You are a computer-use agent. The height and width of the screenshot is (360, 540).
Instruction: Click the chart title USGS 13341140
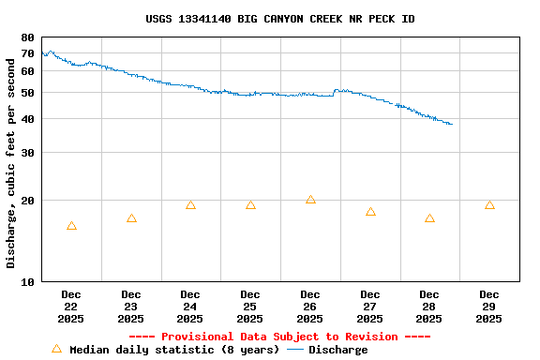[x=280, y=19]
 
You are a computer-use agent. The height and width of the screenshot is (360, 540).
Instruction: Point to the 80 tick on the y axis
[x=27, y=37]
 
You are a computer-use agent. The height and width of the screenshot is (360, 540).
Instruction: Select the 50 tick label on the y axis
[x=27, y=93]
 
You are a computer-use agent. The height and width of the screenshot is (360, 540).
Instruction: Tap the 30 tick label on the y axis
[x=27, y=153]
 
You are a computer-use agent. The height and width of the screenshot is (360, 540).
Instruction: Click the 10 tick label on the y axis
[x=27, y=281]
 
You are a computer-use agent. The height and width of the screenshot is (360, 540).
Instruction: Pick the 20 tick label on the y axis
[x=27, y=201]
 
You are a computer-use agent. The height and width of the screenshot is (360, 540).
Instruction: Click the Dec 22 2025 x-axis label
[x=71, y=307]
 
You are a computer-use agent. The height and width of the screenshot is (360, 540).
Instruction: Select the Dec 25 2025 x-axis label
[x=250, y=307]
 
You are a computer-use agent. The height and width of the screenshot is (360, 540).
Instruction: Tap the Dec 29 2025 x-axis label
[x=489, y=307]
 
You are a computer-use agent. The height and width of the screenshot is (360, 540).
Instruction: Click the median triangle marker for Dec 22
[x=71, y=226]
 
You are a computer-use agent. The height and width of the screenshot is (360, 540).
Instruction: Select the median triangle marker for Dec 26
[x=310, y=200]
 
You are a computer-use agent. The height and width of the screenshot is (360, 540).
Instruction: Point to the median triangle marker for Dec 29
[x=489, y=205]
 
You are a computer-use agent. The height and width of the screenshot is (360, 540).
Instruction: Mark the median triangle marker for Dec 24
[x=190, y=205]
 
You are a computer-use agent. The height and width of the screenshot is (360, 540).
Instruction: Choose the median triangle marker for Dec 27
[x=370, y=212]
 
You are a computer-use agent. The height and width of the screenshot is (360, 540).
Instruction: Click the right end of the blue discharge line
[x=452, y=124]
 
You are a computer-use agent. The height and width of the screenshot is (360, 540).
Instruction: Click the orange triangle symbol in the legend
[x=56, y=349]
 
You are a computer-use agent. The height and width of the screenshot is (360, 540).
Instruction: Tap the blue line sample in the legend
[x=295, y=350]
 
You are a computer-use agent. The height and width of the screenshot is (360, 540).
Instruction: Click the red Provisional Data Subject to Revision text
[x=279, y=337]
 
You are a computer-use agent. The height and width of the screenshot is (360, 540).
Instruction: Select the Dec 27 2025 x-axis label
[x=370, y=307]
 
